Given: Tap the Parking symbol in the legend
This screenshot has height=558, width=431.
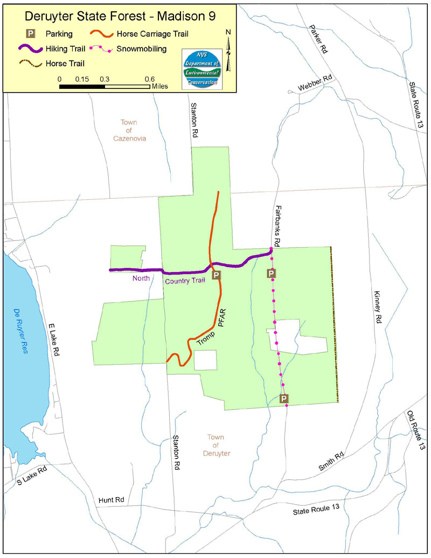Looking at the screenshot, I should coord(32,34).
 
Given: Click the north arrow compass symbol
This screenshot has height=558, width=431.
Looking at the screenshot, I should coord(228,51).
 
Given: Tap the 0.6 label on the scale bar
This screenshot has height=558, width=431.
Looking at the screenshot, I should coord(150,79).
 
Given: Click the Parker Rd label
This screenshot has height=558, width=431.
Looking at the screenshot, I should coord(318,38).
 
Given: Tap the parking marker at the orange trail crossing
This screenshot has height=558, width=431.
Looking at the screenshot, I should coord(216,275).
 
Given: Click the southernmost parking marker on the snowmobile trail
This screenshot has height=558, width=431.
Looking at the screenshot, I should coord(284,399).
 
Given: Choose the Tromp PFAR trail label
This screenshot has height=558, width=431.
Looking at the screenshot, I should coord(211,333).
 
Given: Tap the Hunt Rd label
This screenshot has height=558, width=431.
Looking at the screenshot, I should coord(111,500).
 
